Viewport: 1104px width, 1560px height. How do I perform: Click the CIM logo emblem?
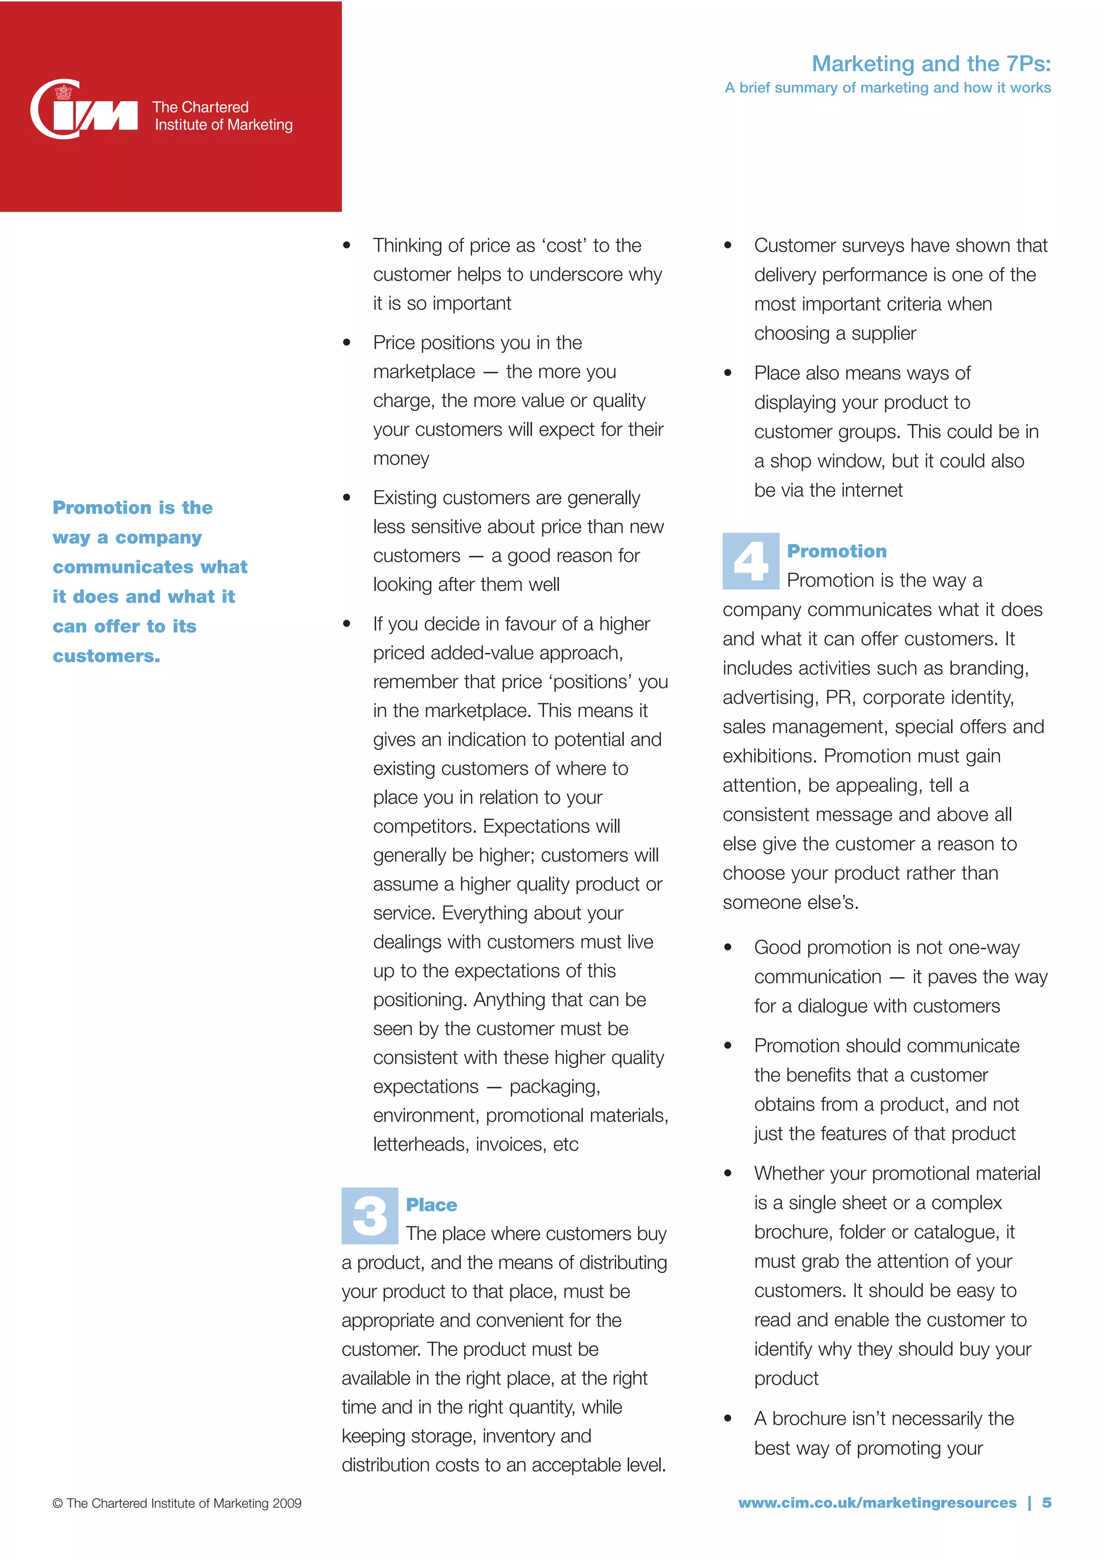(x=83, y=110)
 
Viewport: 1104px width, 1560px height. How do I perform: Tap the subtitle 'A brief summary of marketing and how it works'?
(x=887, y=88)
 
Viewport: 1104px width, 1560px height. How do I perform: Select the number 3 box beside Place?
(x=370, y=1216)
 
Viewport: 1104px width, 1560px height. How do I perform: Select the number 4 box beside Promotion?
(x=750, y=561)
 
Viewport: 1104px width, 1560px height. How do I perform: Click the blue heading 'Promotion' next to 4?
(x=836, y=551)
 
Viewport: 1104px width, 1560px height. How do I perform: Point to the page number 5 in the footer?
(x=1046, y=1502)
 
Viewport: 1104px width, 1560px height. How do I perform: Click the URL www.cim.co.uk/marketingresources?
(x=877, y=1502)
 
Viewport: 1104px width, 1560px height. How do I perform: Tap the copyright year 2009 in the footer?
(x=286, y=1503)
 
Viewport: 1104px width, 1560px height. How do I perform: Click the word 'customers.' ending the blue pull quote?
(x=107, y=656)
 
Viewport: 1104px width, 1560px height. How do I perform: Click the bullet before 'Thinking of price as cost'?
(x=347, y=245)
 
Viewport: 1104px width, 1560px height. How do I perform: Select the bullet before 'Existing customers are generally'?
(x=347, y=497)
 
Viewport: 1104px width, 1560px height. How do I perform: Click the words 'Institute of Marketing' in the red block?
(x=224, y=125)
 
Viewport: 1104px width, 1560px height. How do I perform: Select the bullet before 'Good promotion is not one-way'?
(x=728, y=947)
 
